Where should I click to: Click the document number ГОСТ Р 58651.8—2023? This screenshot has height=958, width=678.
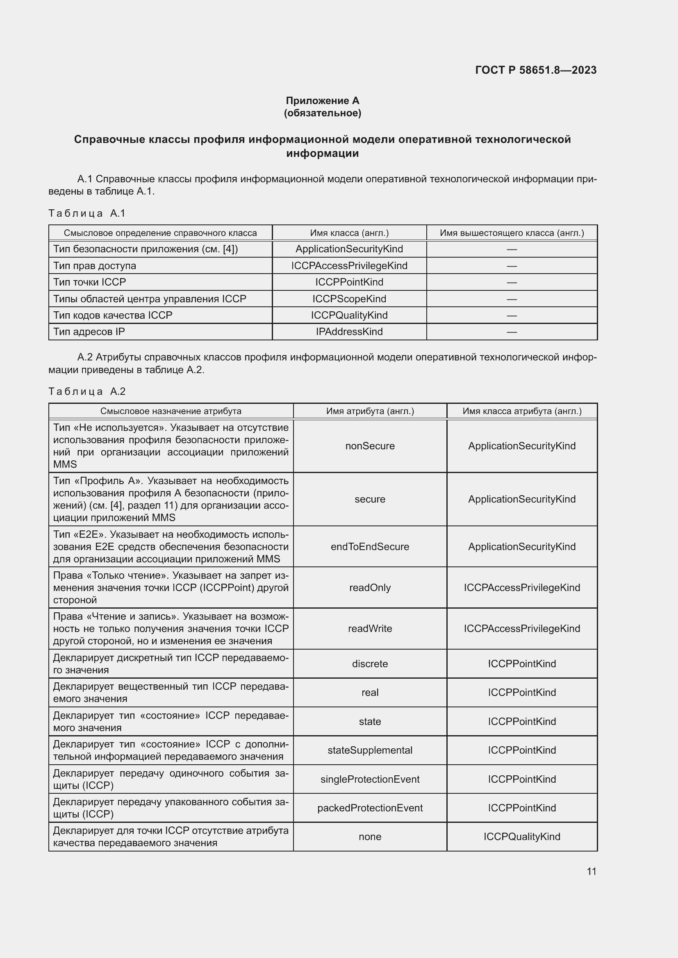click(536, 70)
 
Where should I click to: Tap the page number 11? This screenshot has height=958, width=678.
click(591, 871)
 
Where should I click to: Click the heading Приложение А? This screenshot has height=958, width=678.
click(322, 101)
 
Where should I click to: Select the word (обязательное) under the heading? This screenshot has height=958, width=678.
click(322, 113)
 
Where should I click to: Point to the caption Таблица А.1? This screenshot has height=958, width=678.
click(87, 213)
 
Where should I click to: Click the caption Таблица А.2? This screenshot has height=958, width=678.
click(87, 392)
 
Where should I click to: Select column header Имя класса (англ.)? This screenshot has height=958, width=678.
click(349, 233)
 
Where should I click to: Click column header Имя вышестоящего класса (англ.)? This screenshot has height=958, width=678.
click(512, 233)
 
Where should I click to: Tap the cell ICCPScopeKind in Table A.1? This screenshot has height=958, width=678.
click(349, 299)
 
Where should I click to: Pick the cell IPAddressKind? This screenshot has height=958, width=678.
click(349, 332)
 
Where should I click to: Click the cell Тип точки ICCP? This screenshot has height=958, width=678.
click(89, 282)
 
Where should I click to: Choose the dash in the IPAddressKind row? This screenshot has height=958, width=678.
click(512, 332)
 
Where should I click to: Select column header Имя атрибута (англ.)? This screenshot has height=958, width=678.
click(370, 411)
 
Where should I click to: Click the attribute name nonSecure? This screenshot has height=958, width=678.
click(370, 446)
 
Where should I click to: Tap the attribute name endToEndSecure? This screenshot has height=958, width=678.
click(370, 547)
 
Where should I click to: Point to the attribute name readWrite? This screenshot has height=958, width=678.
click(370, 628)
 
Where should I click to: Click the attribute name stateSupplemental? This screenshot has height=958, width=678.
click(370, 750)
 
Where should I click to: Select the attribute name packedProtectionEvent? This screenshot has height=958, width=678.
click(370, 808)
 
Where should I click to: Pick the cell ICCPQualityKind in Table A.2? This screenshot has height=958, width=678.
click(521, 837)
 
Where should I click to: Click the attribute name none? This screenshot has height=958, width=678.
click(370, 837)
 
